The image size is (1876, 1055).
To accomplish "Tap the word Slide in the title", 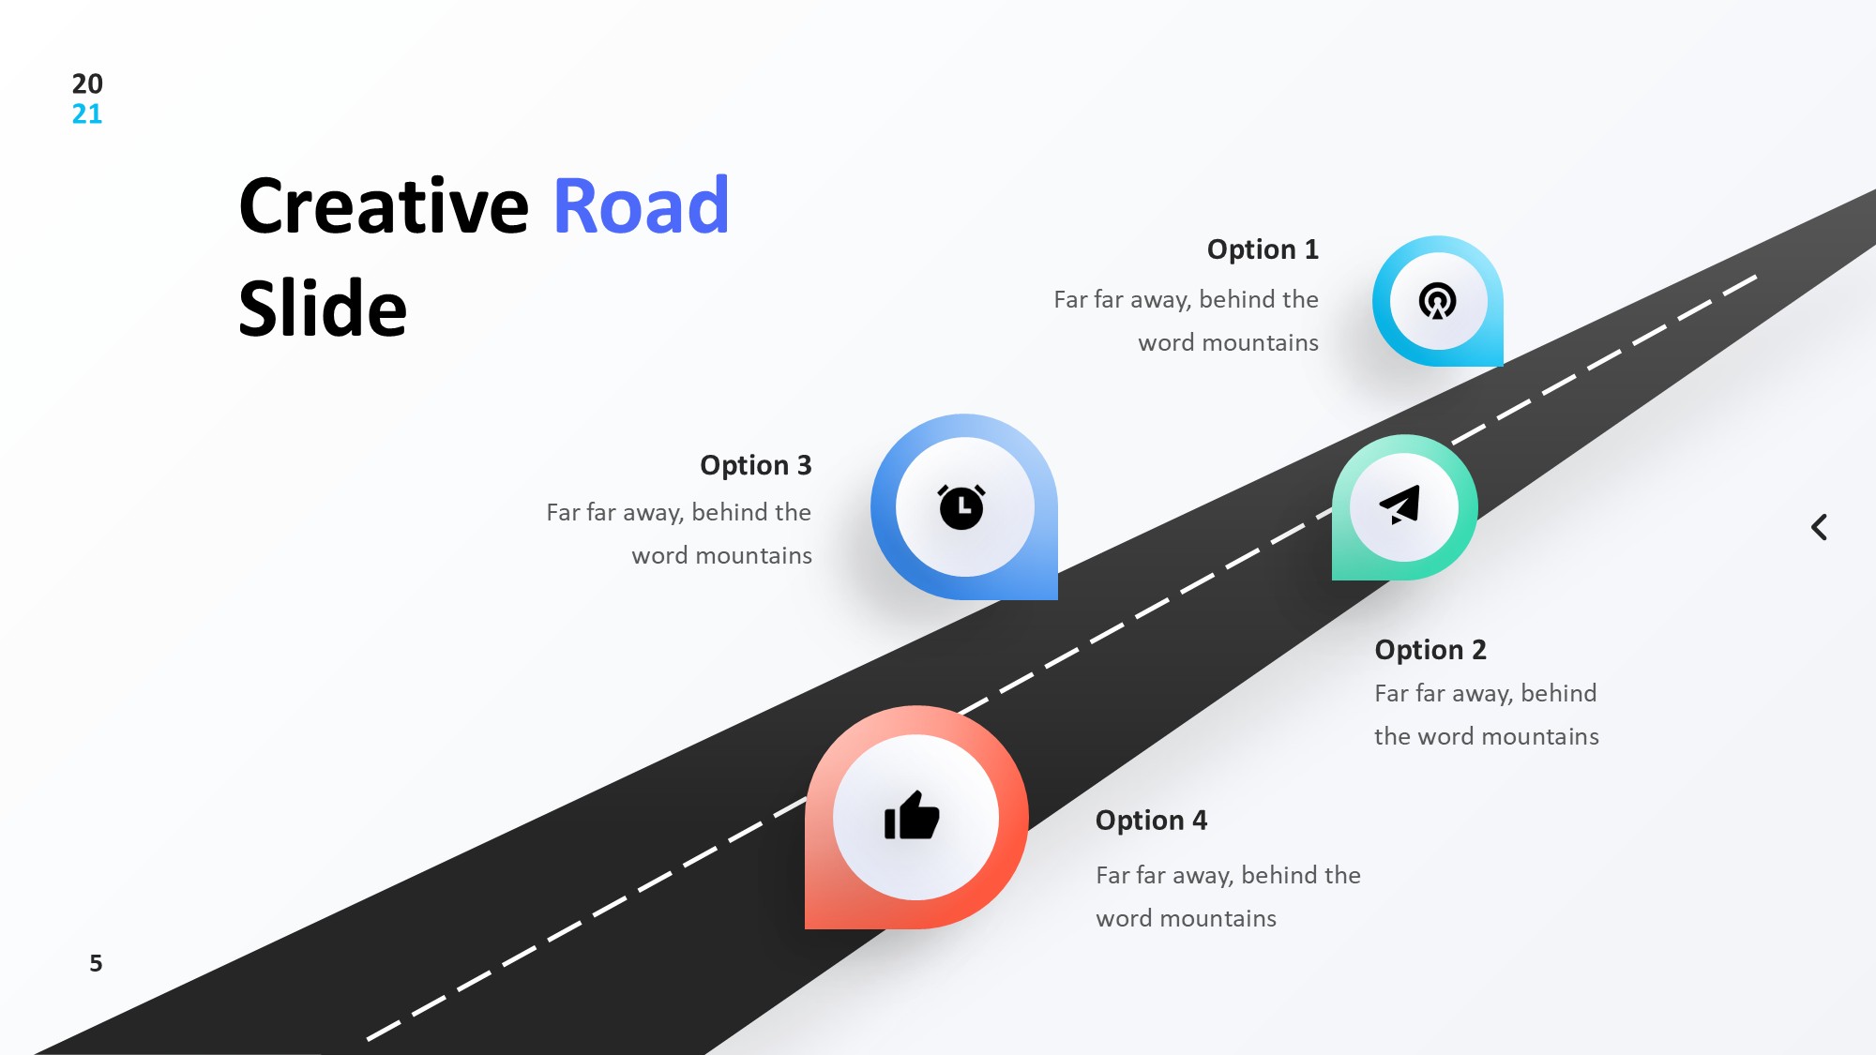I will [323, 309].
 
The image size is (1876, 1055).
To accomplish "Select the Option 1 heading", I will [1262, 249].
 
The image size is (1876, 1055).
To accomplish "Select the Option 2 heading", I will [1430, 650].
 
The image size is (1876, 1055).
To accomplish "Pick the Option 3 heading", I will [755, 465].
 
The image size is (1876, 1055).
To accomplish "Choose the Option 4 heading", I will [1151, 821].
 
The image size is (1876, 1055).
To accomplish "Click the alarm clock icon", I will [961, 507].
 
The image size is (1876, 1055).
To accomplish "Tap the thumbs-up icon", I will [912, 816].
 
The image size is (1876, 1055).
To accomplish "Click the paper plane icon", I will [1400, 505].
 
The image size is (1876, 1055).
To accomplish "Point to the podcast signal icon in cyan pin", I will [1437, 301].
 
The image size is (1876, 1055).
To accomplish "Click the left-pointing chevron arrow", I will [1819, 527].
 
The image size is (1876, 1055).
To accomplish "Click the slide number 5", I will [96, 963].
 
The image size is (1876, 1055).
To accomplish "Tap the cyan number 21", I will [87, 114].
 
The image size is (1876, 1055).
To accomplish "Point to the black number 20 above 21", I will [87, 83].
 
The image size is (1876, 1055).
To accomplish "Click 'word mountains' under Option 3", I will [721, 556].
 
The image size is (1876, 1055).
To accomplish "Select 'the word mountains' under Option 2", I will [1486, 737].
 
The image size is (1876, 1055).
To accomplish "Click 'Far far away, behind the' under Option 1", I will [1186, 300].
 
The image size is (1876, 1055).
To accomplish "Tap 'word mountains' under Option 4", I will [1186, 919].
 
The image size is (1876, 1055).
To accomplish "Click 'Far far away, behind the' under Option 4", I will [1228, 876].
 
